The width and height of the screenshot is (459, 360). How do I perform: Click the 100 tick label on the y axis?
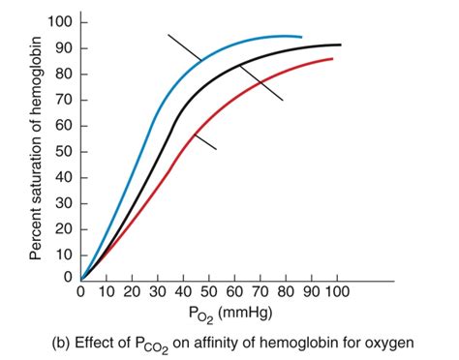(x=61, y=22)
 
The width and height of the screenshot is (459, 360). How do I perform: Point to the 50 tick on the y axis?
(x=65, y=151)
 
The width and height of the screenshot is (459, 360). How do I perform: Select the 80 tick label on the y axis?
(x=65, y=74)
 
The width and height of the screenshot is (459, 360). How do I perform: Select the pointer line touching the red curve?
(x=204, y=142)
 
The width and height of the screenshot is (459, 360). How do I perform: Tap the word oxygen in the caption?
(x=388, y=342)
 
